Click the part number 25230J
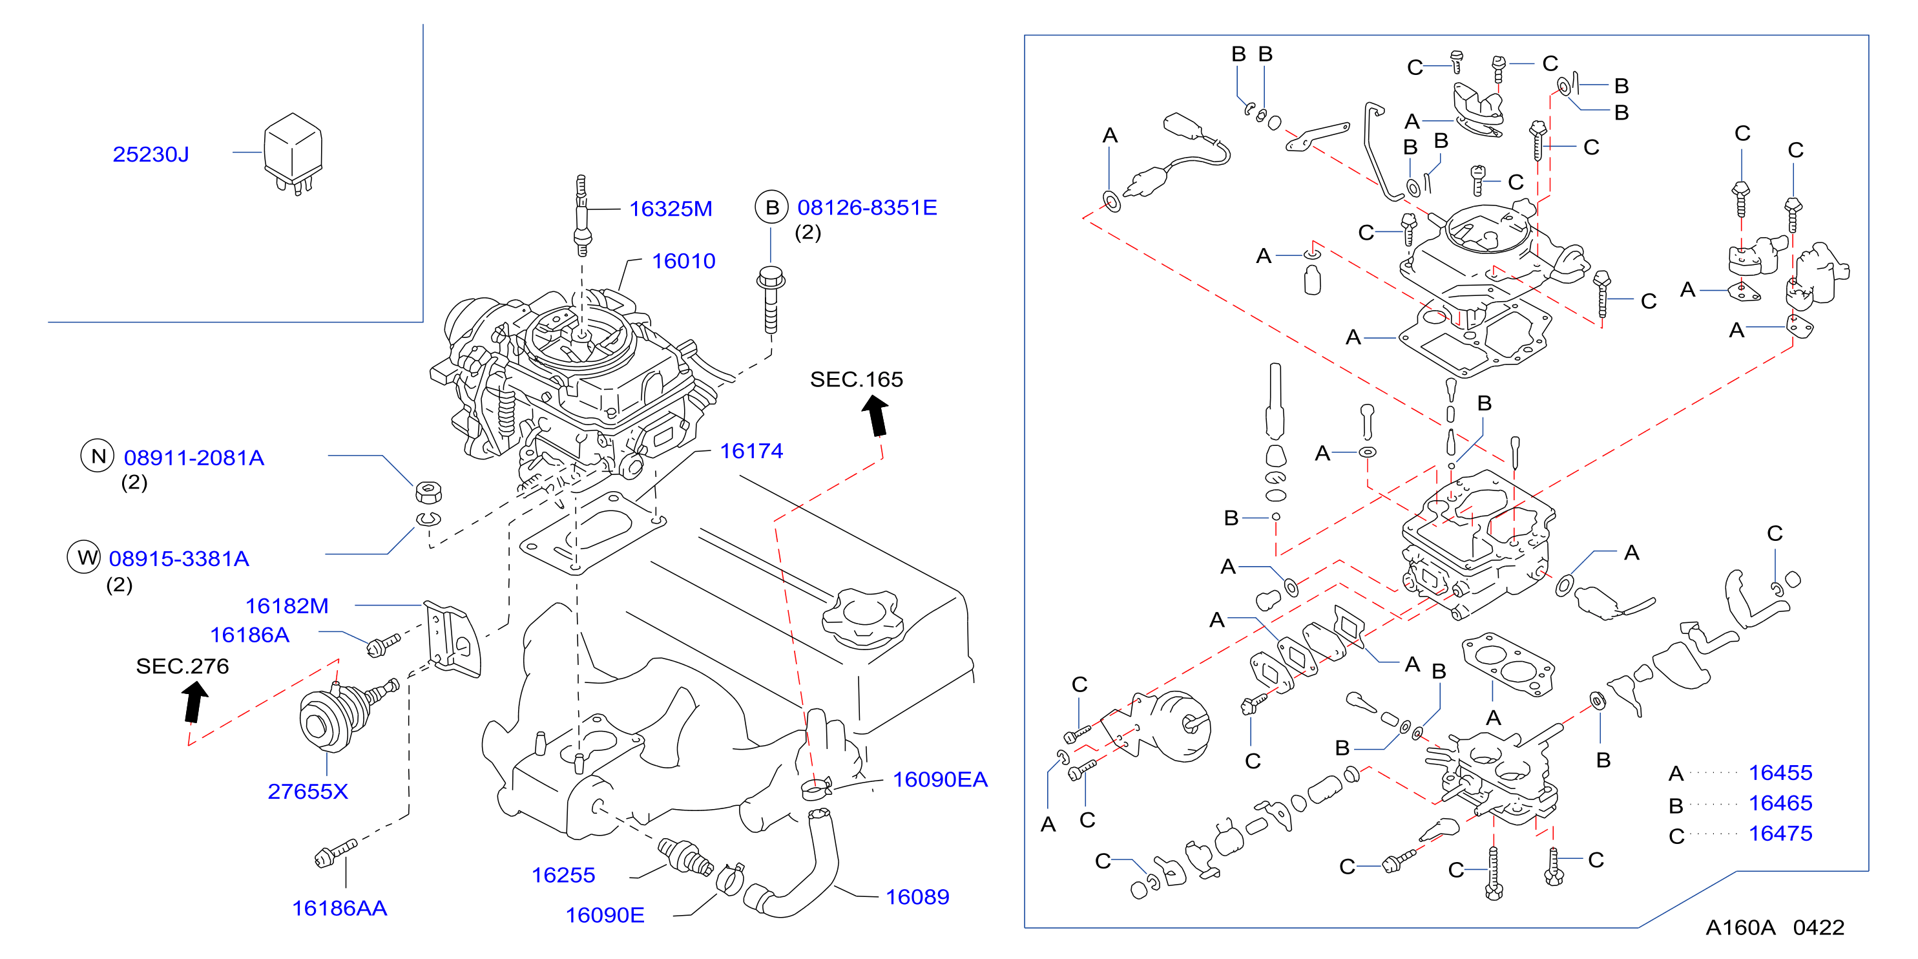(151, 154)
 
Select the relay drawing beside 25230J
(293, 153)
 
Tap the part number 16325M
(671, 209)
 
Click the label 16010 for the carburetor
(683, 260)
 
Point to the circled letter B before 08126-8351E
(772, 207)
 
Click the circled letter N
(98, 456)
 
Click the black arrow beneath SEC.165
(877, 416)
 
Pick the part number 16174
(751, 450)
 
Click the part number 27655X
(308, 791)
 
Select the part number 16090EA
(940, 779)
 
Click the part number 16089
(917, 896)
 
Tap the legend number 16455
(1780, 772)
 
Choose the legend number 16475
(1780, 833)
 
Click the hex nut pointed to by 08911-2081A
(428, 492)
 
